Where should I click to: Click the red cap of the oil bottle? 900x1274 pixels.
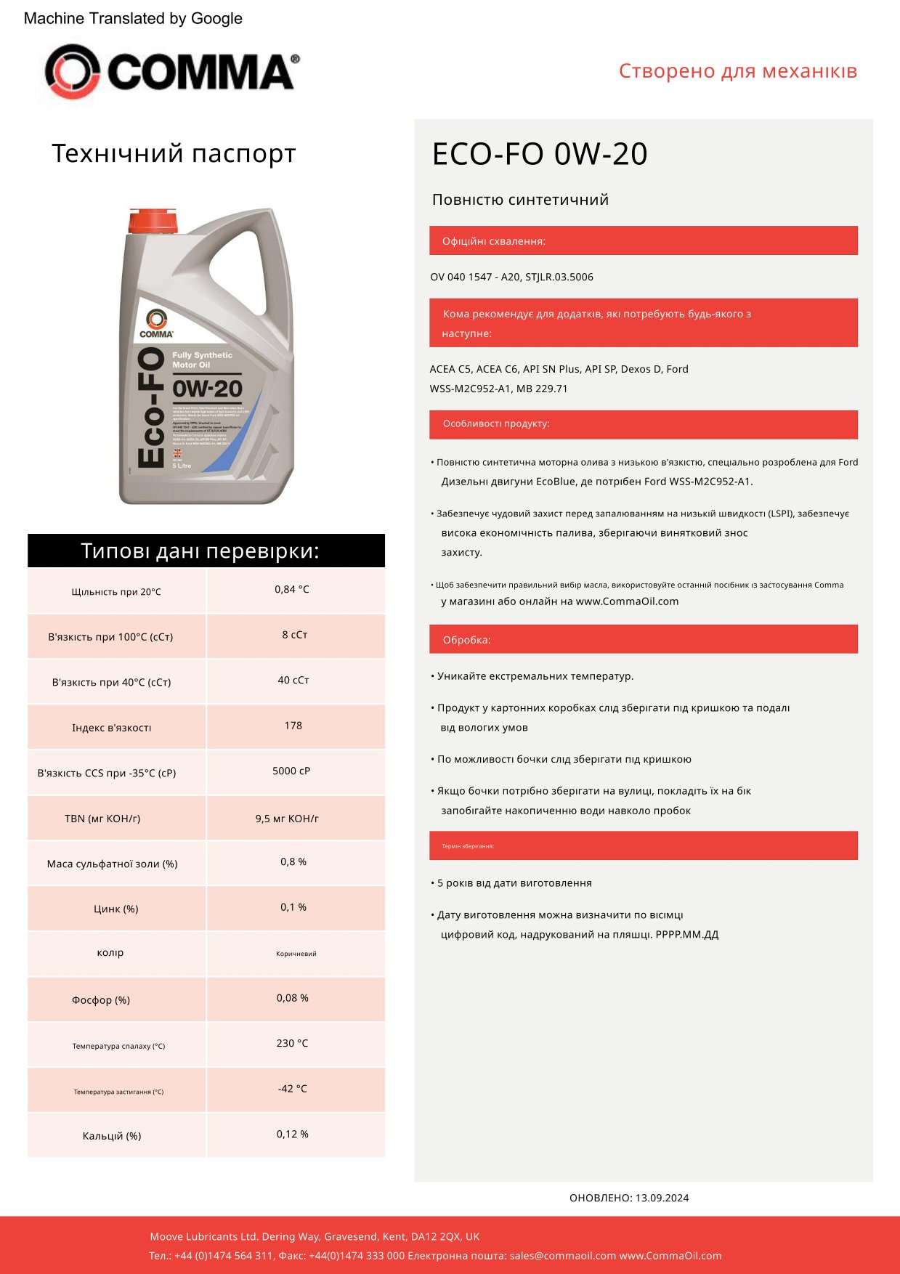pyautogui.click(x=153, y=221)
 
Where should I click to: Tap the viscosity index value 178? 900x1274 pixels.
pyautogui.click(x=293, y=726)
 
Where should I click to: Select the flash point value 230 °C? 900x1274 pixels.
pyautogui.click(x=292, y=1043)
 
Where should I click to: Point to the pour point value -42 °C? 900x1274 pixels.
pyautogui.click(x=292, y=1089)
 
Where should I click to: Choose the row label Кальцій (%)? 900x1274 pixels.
pyautogui.click(x=112, y=1136)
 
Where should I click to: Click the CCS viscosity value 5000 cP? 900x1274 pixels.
pyautogui.click(x=291, y=771)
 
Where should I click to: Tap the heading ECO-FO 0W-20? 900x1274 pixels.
pyautogui.click(x=539, y=154)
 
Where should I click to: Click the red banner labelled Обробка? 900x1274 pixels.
pyautogui.click(x=643, y=639)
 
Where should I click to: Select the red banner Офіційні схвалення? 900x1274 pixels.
pyautogui.click(x=643, y=241)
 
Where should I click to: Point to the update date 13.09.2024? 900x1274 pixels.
pyautogui.click(x=662, y=1198)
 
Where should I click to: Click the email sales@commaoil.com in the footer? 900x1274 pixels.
pyautogui.click(x=562, y=1256)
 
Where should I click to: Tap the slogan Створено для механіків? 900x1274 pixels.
pyautogui.click(x=737, y=71)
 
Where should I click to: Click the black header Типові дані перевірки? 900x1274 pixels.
pyautogui.click(x=206, y=551)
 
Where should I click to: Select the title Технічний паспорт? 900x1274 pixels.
pyautogui.click(x=174, y=154)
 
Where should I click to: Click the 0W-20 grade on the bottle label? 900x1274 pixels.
pyautogui.click(x=208, y=389)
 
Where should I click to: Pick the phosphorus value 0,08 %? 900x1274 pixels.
pyautogui.click(x=292, y=998)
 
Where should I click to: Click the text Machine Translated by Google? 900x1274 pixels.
pyautogui.click(x=133, y=19)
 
